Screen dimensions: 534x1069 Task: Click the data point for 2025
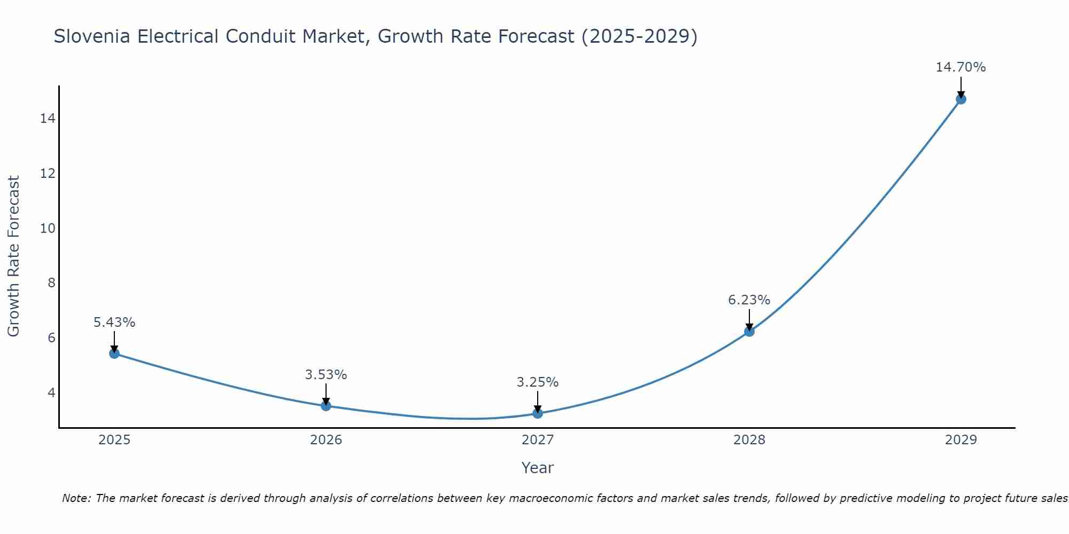point(114,353)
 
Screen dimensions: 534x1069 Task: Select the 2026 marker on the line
point(326,405)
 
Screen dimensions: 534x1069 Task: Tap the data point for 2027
point(538,413)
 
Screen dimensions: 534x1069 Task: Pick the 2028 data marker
point(749,331)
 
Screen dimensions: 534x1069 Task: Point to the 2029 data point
point(961,99)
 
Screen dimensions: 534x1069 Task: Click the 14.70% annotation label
point(960,67)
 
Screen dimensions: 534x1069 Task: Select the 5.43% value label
point(114,323)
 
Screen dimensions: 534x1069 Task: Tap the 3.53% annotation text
point(326,375)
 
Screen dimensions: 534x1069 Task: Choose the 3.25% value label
point(538,382)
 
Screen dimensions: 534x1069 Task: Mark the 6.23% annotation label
point(749,300)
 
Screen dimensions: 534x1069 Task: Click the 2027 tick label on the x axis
point(538,440)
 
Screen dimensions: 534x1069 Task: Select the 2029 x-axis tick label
point(961,440)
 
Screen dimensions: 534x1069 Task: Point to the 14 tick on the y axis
point(48,118)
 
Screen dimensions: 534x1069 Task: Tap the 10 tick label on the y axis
point(48,228)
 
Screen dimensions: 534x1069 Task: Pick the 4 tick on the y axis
point(51,392)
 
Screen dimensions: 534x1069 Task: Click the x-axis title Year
point(538,468)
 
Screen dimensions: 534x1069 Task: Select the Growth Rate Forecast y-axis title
point(14,256)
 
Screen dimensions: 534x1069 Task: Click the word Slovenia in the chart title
point(91,36)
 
